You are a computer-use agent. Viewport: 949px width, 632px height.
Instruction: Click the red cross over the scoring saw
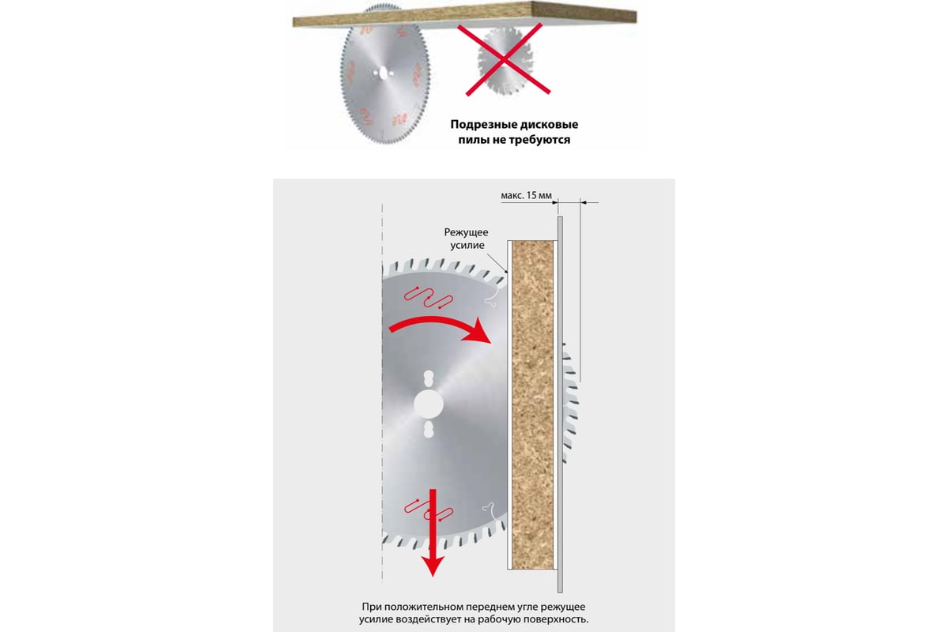click(x=504, y=58)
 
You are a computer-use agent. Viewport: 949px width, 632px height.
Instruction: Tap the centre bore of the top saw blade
click(x=383, y=73)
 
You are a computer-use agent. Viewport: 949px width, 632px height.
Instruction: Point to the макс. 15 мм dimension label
click(x=526, y=195)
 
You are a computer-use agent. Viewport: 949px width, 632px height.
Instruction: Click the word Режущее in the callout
click(x=466, y=232)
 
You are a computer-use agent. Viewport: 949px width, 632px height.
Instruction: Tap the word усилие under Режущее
click(x=467, y=245)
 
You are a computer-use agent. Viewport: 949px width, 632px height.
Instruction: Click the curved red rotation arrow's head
click(x=478, y=332)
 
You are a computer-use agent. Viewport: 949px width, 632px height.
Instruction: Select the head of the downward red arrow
click(x=433, y=566)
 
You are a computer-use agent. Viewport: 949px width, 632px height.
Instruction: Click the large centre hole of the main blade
click(x=429, y=404)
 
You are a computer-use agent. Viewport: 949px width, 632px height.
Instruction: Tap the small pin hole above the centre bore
click(x=429, y=378)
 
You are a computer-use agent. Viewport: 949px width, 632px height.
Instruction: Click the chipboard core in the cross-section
click(x=532, y=404)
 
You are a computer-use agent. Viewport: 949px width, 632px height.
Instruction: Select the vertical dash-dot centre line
click(x=382, y=393)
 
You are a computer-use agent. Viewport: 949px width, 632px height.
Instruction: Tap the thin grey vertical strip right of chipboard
click(x=560, y=404)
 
